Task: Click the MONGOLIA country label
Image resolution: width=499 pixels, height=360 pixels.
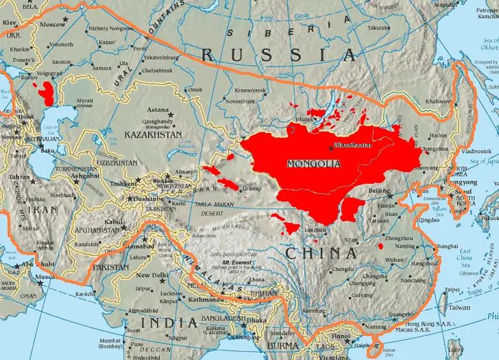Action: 314,164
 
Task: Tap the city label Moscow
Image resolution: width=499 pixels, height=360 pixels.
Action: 53,24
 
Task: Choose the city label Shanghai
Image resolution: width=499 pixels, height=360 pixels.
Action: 446,246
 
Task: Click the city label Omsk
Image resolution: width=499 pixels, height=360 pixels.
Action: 197,90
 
